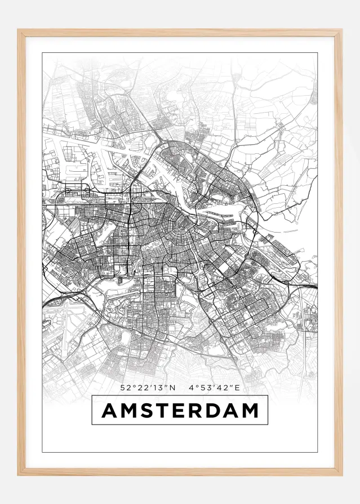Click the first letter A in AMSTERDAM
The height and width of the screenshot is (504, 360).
[110, 411]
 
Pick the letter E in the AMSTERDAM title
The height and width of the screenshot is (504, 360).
[180, 411]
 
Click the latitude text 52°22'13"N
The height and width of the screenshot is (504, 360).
[148, 387]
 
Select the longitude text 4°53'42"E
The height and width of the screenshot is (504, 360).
[215, 387]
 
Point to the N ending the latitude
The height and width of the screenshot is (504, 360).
[173, 387]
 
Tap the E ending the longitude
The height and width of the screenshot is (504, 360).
[238, 387]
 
